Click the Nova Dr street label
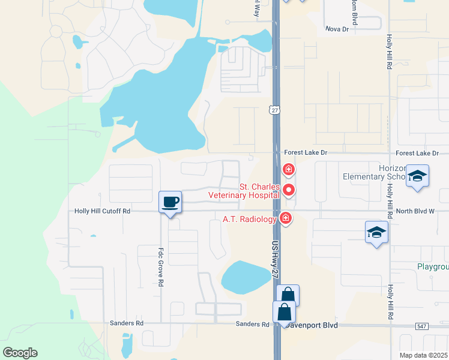coord(337,29)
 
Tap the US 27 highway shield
coord(274,110)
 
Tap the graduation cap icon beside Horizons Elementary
coord(417,176)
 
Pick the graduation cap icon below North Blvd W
coord(376,232)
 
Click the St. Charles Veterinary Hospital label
coord(244,191)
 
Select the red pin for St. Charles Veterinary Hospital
coord(289,190)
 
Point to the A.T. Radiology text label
coord(250,219)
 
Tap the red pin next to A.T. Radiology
coord(286,218)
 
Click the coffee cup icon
coord(170,202)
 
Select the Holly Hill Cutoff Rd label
coord(102,211)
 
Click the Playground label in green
coord(433,266)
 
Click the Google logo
coord(20,353)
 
